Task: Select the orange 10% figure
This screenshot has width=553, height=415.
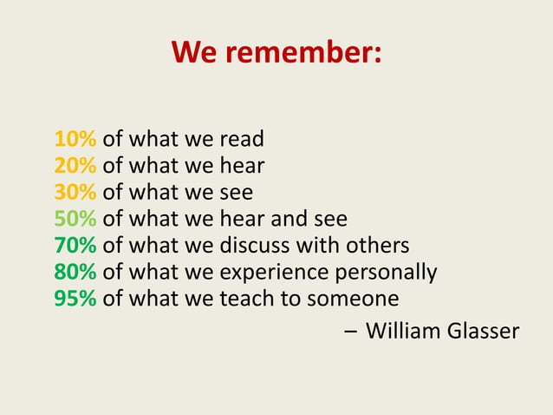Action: pyautogui.click(x=75, y=139)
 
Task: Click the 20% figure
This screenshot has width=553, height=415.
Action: pyautogui.click(x=75, y=166)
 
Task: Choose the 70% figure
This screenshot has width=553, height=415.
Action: pyautogui.click(x=75, y=246)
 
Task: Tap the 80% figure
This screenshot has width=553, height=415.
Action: pyautogui.click(x=75, y=273)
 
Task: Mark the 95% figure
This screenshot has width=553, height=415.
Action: pyautogui.click(x=75, y=300)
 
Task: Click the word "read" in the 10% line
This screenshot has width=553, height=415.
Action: pyautogui.click(x=242, y=139)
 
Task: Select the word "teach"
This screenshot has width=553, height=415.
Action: pyautogui.click(x=246, y=300)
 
